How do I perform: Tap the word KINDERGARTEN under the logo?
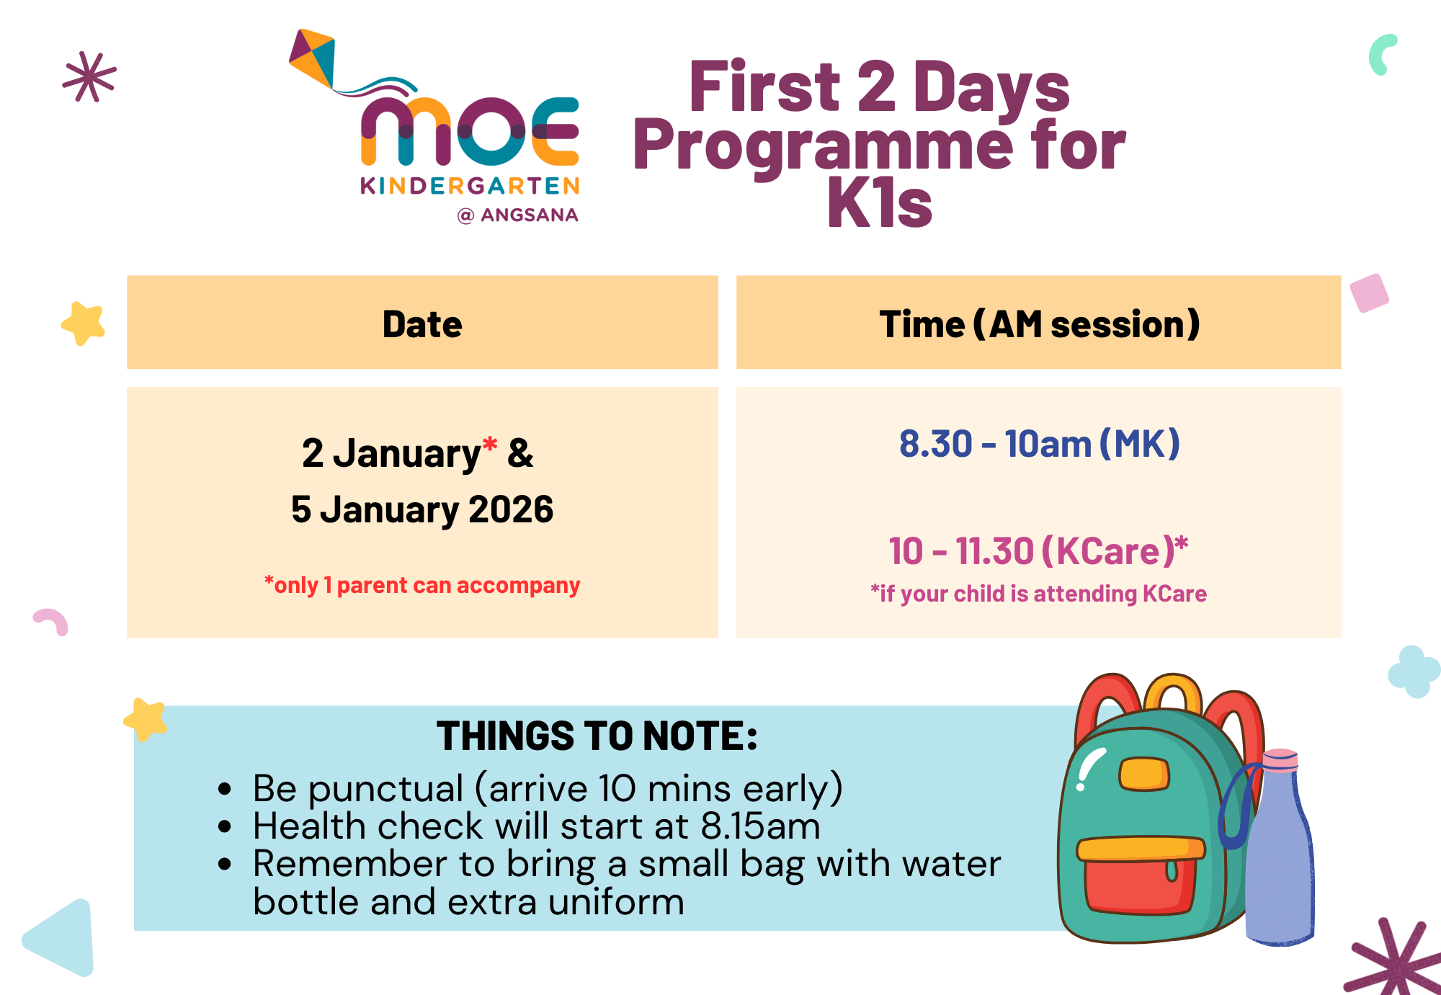(x=470, y=186)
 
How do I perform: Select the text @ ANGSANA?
(x=518, y=215)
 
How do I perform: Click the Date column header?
(x=422, y=324)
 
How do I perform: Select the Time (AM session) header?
(x=1039, y=324)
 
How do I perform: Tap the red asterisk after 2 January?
(x=490, y=445)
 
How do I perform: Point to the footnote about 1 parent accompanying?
(x=422, y=585)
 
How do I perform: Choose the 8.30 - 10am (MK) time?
(x=1039, y=444)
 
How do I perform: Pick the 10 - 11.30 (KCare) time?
(x=1038, y=551)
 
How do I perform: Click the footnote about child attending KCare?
(x=1038, y=594)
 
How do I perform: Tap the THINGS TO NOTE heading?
(x=597, y=736)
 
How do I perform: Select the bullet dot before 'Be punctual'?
(x=225, y=789)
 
